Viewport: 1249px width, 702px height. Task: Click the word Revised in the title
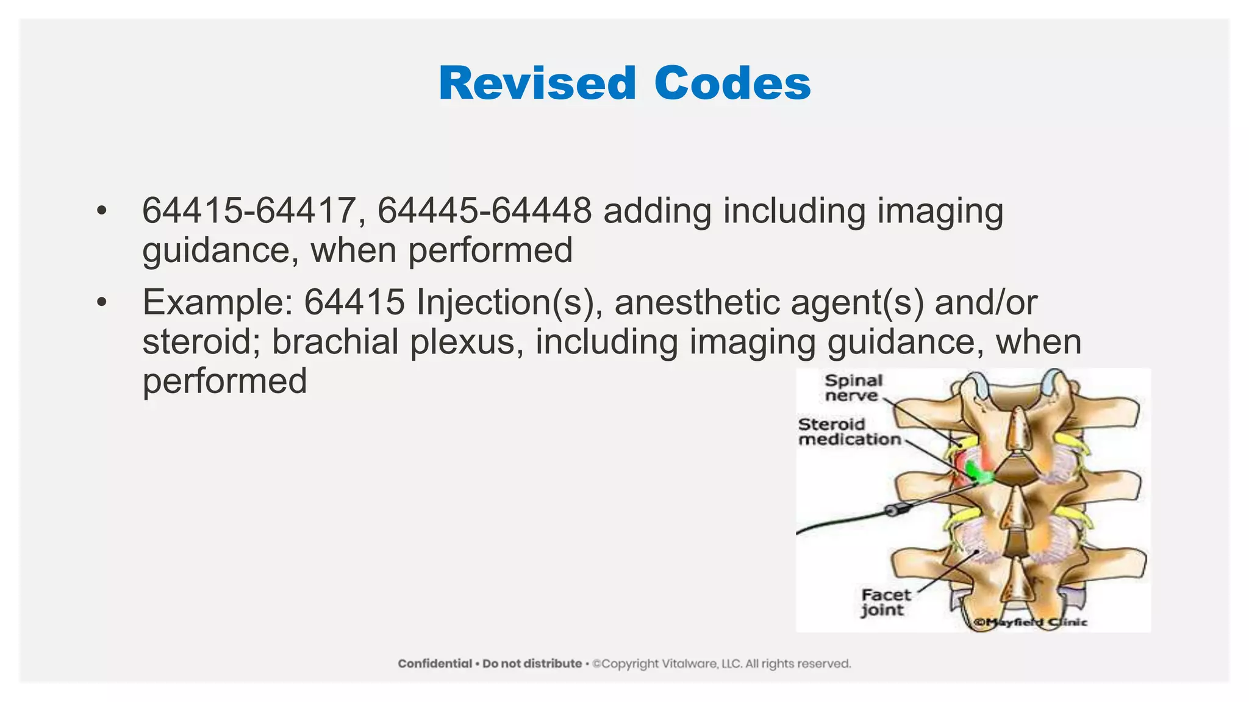point(537,83)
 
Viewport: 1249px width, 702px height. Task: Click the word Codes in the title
point(732,83)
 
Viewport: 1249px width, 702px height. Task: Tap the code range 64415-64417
point(249,211)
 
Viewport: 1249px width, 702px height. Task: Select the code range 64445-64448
point(484,211)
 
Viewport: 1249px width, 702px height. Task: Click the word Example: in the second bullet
point(218,302)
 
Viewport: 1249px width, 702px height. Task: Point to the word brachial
point(335,342)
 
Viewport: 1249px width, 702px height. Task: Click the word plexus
point(467,343)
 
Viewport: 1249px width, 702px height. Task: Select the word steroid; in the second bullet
point(201,342)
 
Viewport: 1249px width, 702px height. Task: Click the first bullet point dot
point(101,211)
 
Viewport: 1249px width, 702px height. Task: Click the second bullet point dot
point(101,302)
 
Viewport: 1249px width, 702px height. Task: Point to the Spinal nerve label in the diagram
point(853,388)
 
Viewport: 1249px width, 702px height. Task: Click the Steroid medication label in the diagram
point(849,432)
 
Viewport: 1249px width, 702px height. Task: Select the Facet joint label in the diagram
point(885,603)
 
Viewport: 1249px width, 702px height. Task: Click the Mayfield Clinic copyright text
point(1031,622)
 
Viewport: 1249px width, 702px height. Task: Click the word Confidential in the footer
point(435,664)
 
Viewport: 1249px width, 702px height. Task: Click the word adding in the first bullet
point(657,211)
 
